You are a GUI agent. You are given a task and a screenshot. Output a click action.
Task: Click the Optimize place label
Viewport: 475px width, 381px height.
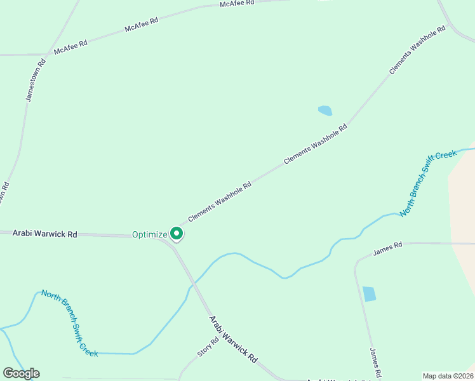click(149, 234)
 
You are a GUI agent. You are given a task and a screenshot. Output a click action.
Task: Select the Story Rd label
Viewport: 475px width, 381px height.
click(208, 347)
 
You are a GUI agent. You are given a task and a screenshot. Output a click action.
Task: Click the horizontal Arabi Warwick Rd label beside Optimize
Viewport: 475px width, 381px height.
click(44, 234)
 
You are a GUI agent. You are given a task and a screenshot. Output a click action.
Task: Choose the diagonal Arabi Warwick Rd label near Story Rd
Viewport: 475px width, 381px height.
click(233, 340)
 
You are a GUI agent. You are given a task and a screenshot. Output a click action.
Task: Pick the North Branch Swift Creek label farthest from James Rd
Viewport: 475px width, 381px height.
click(70, 323)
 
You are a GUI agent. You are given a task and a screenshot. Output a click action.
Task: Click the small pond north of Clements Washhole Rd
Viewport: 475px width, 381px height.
click(324, 110)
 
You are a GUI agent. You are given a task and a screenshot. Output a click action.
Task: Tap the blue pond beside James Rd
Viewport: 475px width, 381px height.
click(369, 294)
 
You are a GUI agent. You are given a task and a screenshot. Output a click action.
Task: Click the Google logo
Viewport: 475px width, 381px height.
click(22, 373)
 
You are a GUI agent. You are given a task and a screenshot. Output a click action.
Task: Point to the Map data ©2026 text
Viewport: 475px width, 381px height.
click(448, 375)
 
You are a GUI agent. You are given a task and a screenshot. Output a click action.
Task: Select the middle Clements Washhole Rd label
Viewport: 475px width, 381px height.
click(316, 144)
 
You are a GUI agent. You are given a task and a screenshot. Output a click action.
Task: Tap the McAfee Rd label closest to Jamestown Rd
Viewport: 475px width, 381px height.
click(70, 46)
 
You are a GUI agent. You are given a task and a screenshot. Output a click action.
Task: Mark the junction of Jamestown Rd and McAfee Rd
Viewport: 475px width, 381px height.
click(47, 55)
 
